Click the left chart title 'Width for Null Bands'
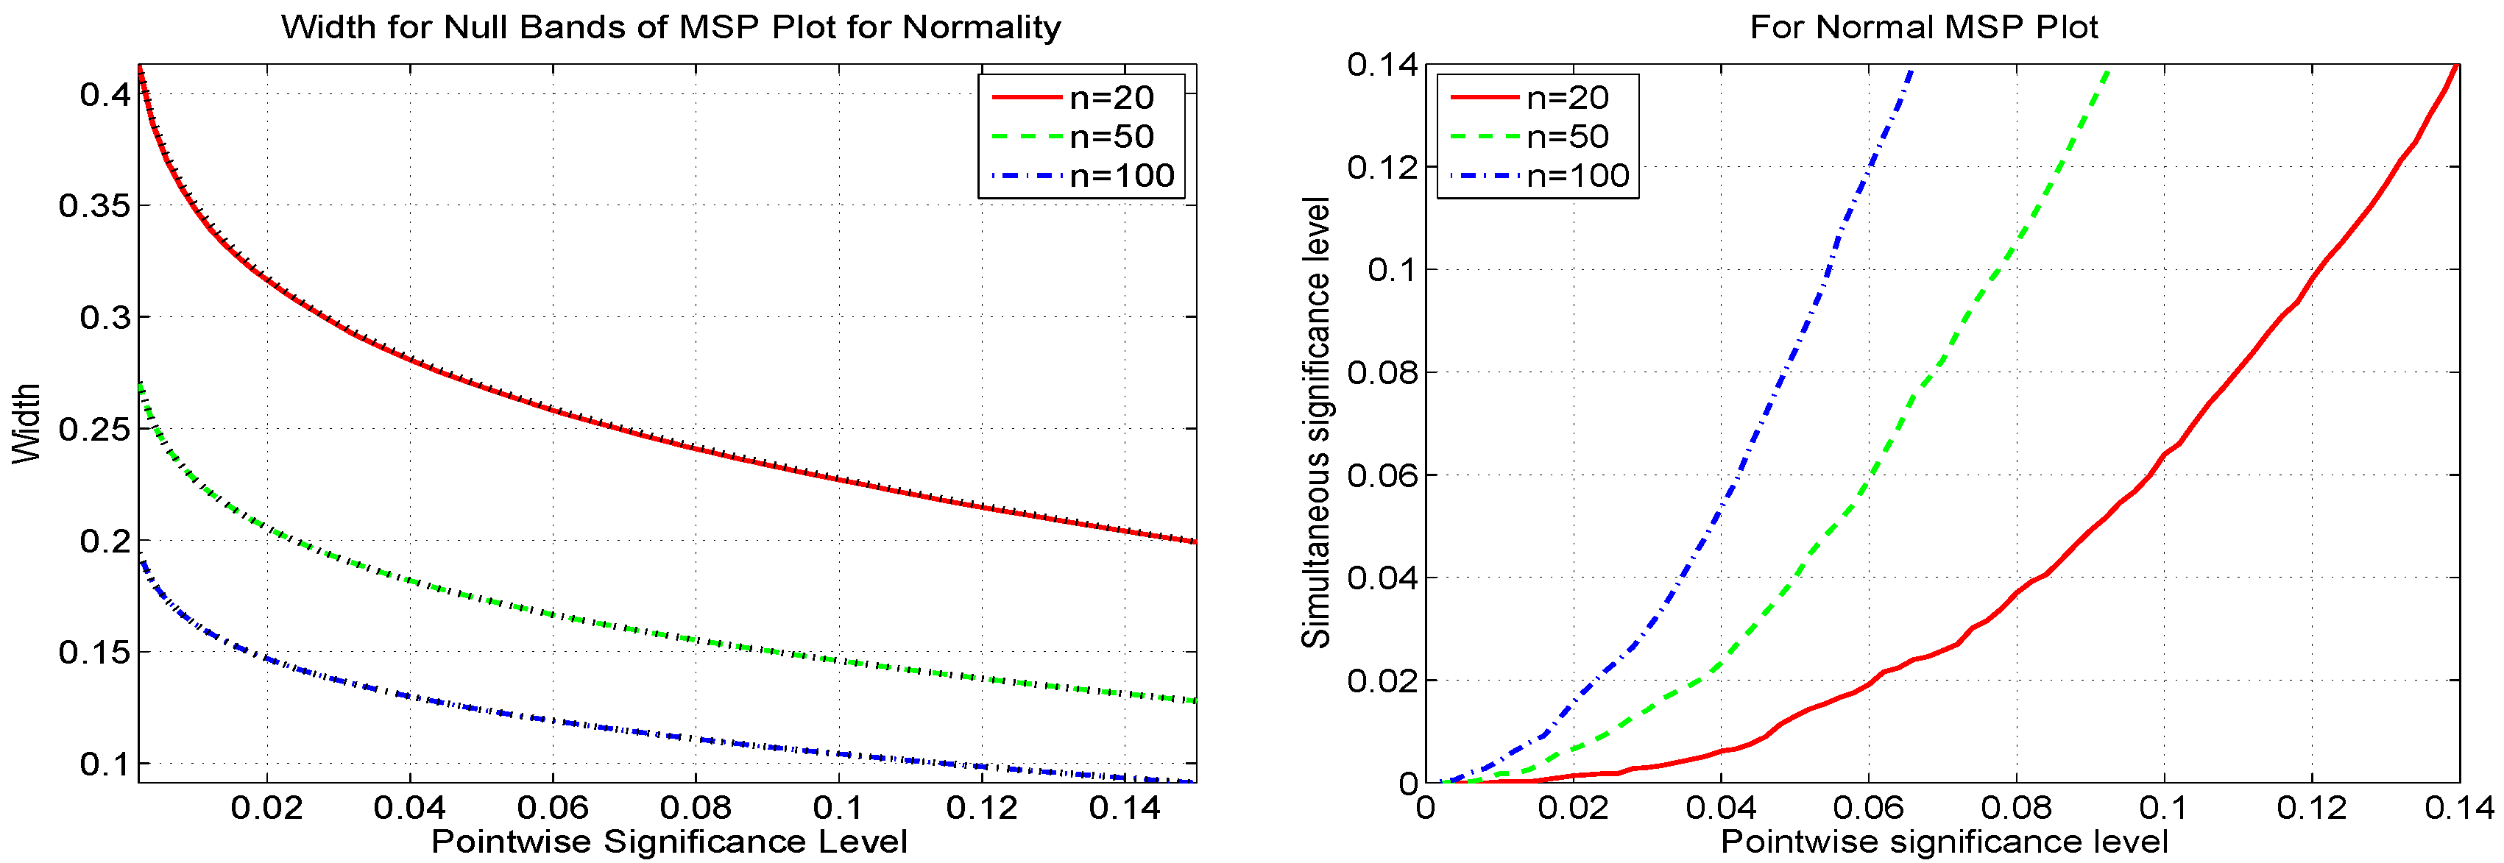[x=671, y=27]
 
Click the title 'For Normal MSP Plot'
[x=1924, y=27]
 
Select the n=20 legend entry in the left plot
[x=1081, y=97]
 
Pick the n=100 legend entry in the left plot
[x=1081, y=176]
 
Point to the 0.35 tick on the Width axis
[x=93, y=206]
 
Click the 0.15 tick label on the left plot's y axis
[x=93, y=652]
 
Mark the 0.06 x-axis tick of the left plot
[x=552, y=808]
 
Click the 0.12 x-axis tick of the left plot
[x=981, y=808]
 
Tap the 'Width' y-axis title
[x=26, y=424]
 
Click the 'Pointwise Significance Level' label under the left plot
[x=669, y=842]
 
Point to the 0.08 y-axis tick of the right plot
[x=1382, y=372]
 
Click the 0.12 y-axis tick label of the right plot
[x=1382, y=167]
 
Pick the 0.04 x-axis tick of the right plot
[x=1721, y=808]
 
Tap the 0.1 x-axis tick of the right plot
[x=2164, y=808]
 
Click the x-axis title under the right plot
[x=1944, y=842]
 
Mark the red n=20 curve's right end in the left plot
[x=1194, y=541]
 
